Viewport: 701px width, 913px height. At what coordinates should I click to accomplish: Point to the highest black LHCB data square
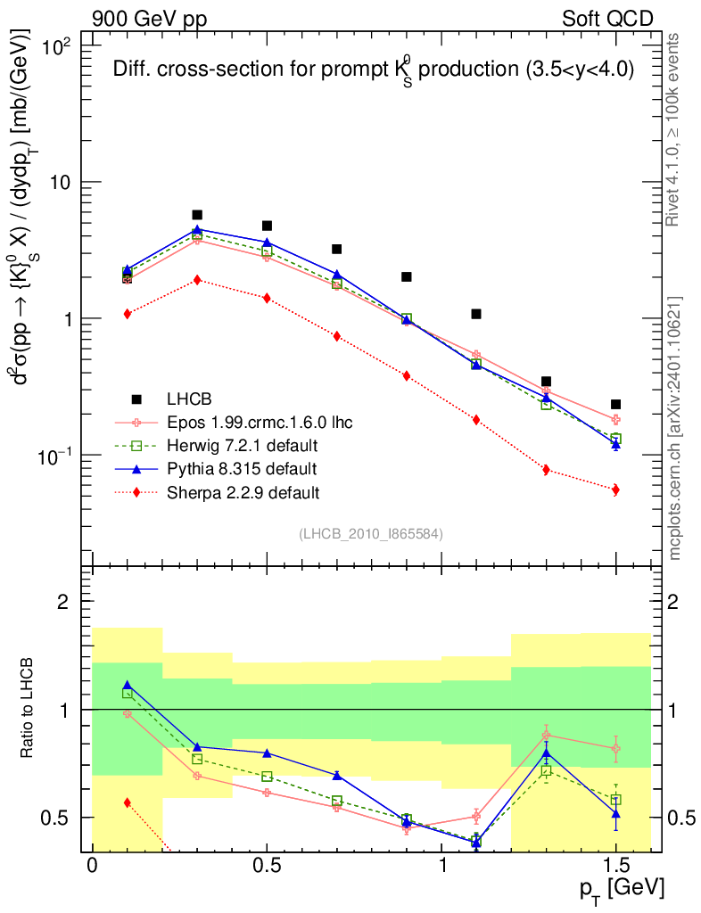[197, 215]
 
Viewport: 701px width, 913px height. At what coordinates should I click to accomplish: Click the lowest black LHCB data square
[615, 404]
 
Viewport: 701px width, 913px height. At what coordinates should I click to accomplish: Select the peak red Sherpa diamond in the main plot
[197, 280]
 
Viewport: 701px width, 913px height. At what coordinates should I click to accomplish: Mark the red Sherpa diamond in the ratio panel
[128, 802]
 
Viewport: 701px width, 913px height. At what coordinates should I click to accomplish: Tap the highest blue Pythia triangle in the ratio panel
[128, 686]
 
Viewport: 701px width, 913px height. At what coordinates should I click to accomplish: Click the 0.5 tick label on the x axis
[267, 866]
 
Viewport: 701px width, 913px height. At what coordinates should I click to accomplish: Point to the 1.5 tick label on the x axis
[615, 866]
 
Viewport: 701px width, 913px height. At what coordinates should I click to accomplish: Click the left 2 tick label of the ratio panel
[63, 602]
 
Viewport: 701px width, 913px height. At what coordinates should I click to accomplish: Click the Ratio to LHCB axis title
[29, 709]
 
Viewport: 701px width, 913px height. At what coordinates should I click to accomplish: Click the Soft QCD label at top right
[607, 17]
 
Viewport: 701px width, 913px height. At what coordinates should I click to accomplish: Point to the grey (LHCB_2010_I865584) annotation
[371, 533]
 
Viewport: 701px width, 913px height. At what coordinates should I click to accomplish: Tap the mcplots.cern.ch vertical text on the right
[675, 428]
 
